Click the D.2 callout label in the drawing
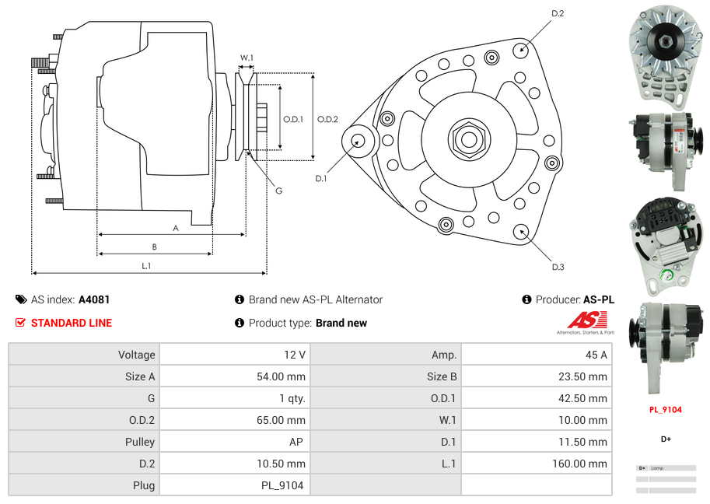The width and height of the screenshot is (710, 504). click(558, 14)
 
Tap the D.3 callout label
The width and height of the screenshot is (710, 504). click(558, 267)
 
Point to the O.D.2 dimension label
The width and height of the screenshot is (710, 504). click(327, 119)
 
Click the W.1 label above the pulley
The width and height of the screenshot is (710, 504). click(247, 58)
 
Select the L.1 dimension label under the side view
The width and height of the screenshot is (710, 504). click(146, 266)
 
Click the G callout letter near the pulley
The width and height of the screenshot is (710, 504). click(278, 191)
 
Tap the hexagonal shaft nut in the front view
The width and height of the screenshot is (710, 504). click(468, 138)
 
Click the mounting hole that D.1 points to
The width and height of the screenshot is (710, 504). click(358, 141)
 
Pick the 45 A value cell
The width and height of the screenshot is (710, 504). click(596, 355)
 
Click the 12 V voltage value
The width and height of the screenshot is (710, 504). click(294, 355)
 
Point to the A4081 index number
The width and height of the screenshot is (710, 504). click(94, 299)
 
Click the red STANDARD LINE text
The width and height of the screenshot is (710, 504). click(72, 323)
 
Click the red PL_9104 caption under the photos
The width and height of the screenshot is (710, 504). click(666, 409)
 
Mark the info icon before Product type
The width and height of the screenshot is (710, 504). click(240, 323)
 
